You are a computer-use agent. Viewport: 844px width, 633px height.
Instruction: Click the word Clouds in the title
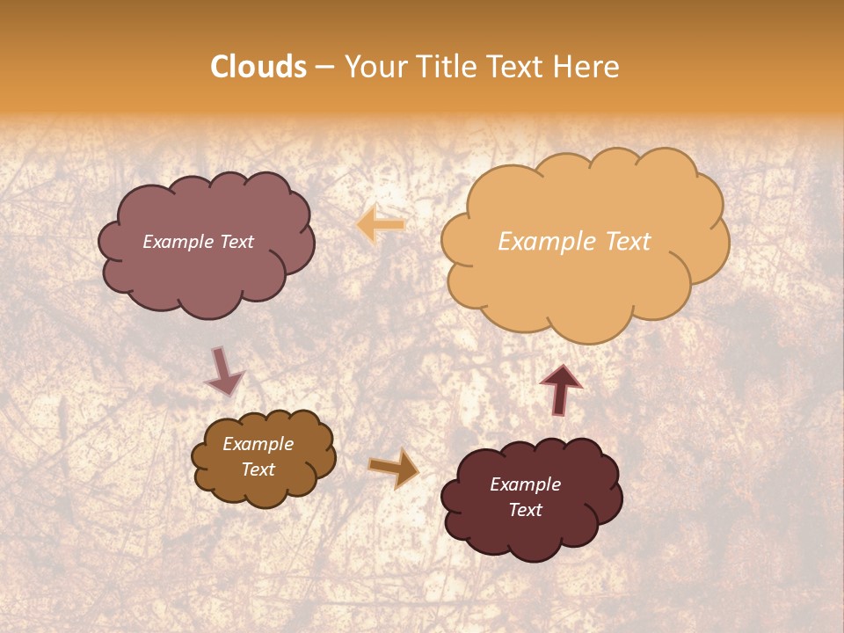pyautogui.click(x=258, y=67)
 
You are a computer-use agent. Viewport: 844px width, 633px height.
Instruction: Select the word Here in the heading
pyautogui.click(x=588, y=67)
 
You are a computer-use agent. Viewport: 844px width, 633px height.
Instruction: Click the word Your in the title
pyautogui.click(x=375, y=67)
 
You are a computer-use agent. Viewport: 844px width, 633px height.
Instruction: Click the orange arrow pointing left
pyautogui.click(x=381, y=226)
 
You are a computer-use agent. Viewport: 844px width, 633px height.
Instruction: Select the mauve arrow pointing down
pyautogui.click(x=224, y=373)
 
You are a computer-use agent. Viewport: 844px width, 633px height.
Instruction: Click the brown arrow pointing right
pyautogui.click(x=395, y=468)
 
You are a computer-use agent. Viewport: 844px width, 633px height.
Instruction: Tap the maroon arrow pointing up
pyautogui.click(x=561, y=389)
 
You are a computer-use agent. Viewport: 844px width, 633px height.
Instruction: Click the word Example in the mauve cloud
pyautogui.click(x=178, y=242)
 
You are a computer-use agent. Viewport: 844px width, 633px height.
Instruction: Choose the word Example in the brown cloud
pyautogui.click(x=258, y=445)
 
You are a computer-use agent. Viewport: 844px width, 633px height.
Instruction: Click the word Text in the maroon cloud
pyautogui.click(x=525, y=510)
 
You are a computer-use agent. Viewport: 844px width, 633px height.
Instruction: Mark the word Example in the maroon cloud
pyautogui.click(x=525, y=484)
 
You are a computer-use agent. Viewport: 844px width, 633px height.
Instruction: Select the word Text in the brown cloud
pyautogui.click(x=258, y=469)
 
